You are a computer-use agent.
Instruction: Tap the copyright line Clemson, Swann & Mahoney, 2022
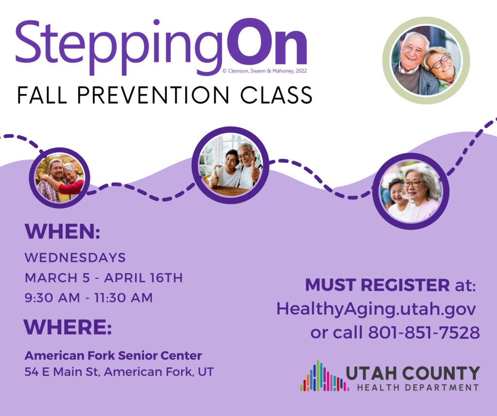pos(265,71)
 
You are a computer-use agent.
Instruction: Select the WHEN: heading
pos(63,231)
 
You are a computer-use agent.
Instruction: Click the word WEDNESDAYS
pos(75,257)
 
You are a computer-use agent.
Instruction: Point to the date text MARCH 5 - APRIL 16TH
pos(104,278)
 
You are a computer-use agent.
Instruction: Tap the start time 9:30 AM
pos(52,298)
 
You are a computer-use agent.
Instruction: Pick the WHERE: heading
pos(68,327)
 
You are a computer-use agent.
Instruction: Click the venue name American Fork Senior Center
pos(113,355)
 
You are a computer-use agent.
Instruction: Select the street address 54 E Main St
pos(62,372)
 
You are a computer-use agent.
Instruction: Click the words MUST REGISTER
pos(377,285)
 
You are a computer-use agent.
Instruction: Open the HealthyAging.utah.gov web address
pos(376,309)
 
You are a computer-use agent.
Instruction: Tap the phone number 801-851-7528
pos(424,333)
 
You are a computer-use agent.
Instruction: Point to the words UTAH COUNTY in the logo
pos(413,373)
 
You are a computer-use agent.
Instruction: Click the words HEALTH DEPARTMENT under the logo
pos(418,387)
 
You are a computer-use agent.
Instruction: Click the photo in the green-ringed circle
pos(426,60)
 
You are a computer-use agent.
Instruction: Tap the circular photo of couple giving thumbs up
pos(231,165)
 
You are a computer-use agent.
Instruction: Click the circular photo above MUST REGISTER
pos(411,191)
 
